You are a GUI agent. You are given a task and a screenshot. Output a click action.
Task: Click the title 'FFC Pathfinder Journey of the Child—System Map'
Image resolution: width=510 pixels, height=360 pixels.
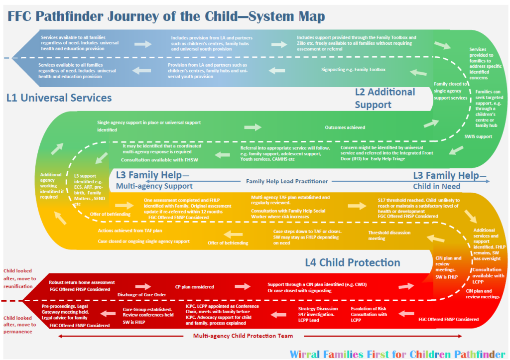[166, 16]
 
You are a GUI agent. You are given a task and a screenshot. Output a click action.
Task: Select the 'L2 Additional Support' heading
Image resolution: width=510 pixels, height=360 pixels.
[384, 98]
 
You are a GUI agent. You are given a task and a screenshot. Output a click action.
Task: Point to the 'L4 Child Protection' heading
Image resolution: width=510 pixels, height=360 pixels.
[353, 262]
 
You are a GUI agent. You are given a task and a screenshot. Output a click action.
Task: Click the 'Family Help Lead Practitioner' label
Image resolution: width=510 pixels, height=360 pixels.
[287, 181]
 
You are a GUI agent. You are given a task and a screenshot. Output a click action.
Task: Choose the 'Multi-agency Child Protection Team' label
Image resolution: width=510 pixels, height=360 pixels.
[243, 336]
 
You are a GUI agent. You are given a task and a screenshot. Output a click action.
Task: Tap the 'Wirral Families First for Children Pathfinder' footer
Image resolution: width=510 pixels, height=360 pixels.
[398, 354]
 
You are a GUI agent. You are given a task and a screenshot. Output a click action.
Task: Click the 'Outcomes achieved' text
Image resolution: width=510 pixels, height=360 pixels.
[345, 127]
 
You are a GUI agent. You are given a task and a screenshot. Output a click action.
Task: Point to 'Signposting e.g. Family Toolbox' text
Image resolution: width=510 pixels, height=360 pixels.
[354, 69]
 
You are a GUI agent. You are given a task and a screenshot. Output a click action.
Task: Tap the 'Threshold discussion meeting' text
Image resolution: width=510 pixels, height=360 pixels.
[390, 236]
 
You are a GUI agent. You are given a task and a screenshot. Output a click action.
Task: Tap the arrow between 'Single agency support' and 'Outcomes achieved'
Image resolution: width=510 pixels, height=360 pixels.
[253, 127]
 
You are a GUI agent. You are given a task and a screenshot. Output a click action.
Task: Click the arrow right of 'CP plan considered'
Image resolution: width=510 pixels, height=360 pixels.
[243, 286]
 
